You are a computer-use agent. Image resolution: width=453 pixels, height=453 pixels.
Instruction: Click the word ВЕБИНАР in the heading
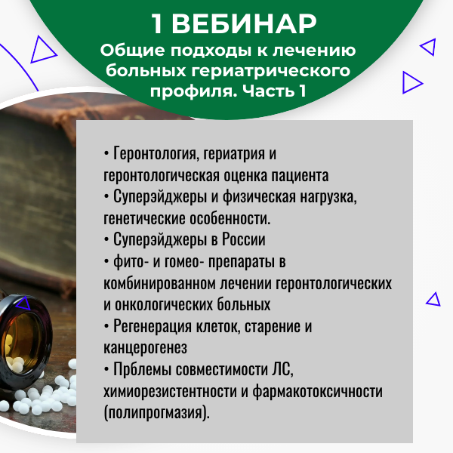pyautogui.click(x=244, y=24)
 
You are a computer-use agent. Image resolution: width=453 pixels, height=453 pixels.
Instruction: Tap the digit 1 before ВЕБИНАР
pyautogui.click(x=157, y=24)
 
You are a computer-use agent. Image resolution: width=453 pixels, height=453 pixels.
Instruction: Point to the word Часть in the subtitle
pyautogui.click(x=269, y=91)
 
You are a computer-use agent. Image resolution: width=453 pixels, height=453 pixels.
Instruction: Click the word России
pyautogui.click(x=244, y=239)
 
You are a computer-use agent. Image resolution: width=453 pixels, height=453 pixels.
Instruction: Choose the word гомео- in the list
pyautogui.click(x=182, y=261)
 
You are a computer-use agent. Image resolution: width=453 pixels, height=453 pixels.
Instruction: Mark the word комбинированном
pyautogui.click(x=159, y=283)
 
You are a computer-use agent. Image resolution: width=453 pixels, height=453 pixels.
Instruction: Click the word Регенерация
pyautogui.click(x=153, y=326)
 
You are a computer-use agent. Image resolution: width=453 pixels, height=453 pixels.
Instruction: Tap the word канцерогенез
pyautogui.click(x=145, y=348)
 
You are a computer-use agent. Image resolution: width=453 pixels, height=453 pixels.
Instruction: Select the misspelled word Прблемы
pyautogui.click(x=142, y=369)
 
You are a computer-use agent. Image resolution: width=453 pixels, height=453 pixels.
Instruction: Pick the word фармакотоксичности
pyautogui.click(x=318, y=391)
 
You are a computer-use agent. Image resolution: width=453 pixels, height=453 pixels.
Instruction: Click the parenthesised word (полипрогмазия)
pyautogui.click(x=156, y=413)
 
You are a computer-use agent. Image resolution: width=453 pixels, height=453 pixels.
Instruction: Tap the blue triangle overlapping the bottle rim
pyautogui.click(x=23, y=303)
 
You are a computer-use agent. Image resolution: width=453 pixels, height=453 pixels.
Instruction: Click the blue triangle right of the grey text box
pyautogui.click(x=433, y=299)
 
